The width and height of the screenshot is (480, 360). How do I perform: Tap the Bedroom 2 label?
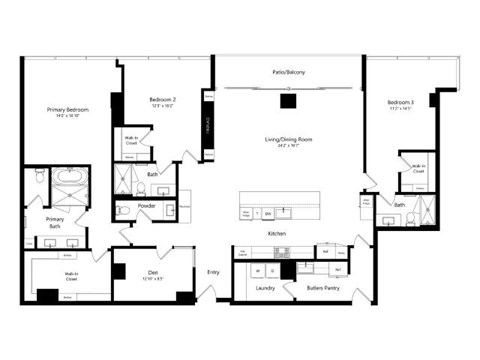tap(162, 101)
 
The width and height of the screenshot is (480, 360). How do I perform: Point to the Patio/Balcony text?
tap(289, 73)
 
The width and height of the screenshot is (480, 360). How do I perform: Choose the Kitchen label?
tap(277, 233)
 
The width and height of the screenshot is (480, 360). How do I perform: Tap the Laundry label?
tap(265, 288)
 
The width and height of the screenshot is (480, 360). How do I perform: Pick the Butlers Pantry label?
tap(324, 288)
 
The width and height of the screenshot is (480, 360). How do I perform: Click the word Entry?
tap(213, 271)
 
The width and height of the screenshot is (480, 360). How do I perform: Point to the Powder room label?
tap(147, 207)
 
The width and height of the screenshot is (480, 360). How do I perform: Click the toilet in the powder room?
tap(121, 210)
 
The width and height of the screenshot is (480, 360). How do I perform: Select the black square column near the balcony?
tap(288, 99)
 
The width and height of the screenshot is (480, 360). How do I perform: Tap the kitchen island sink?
tap(283, 212)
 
